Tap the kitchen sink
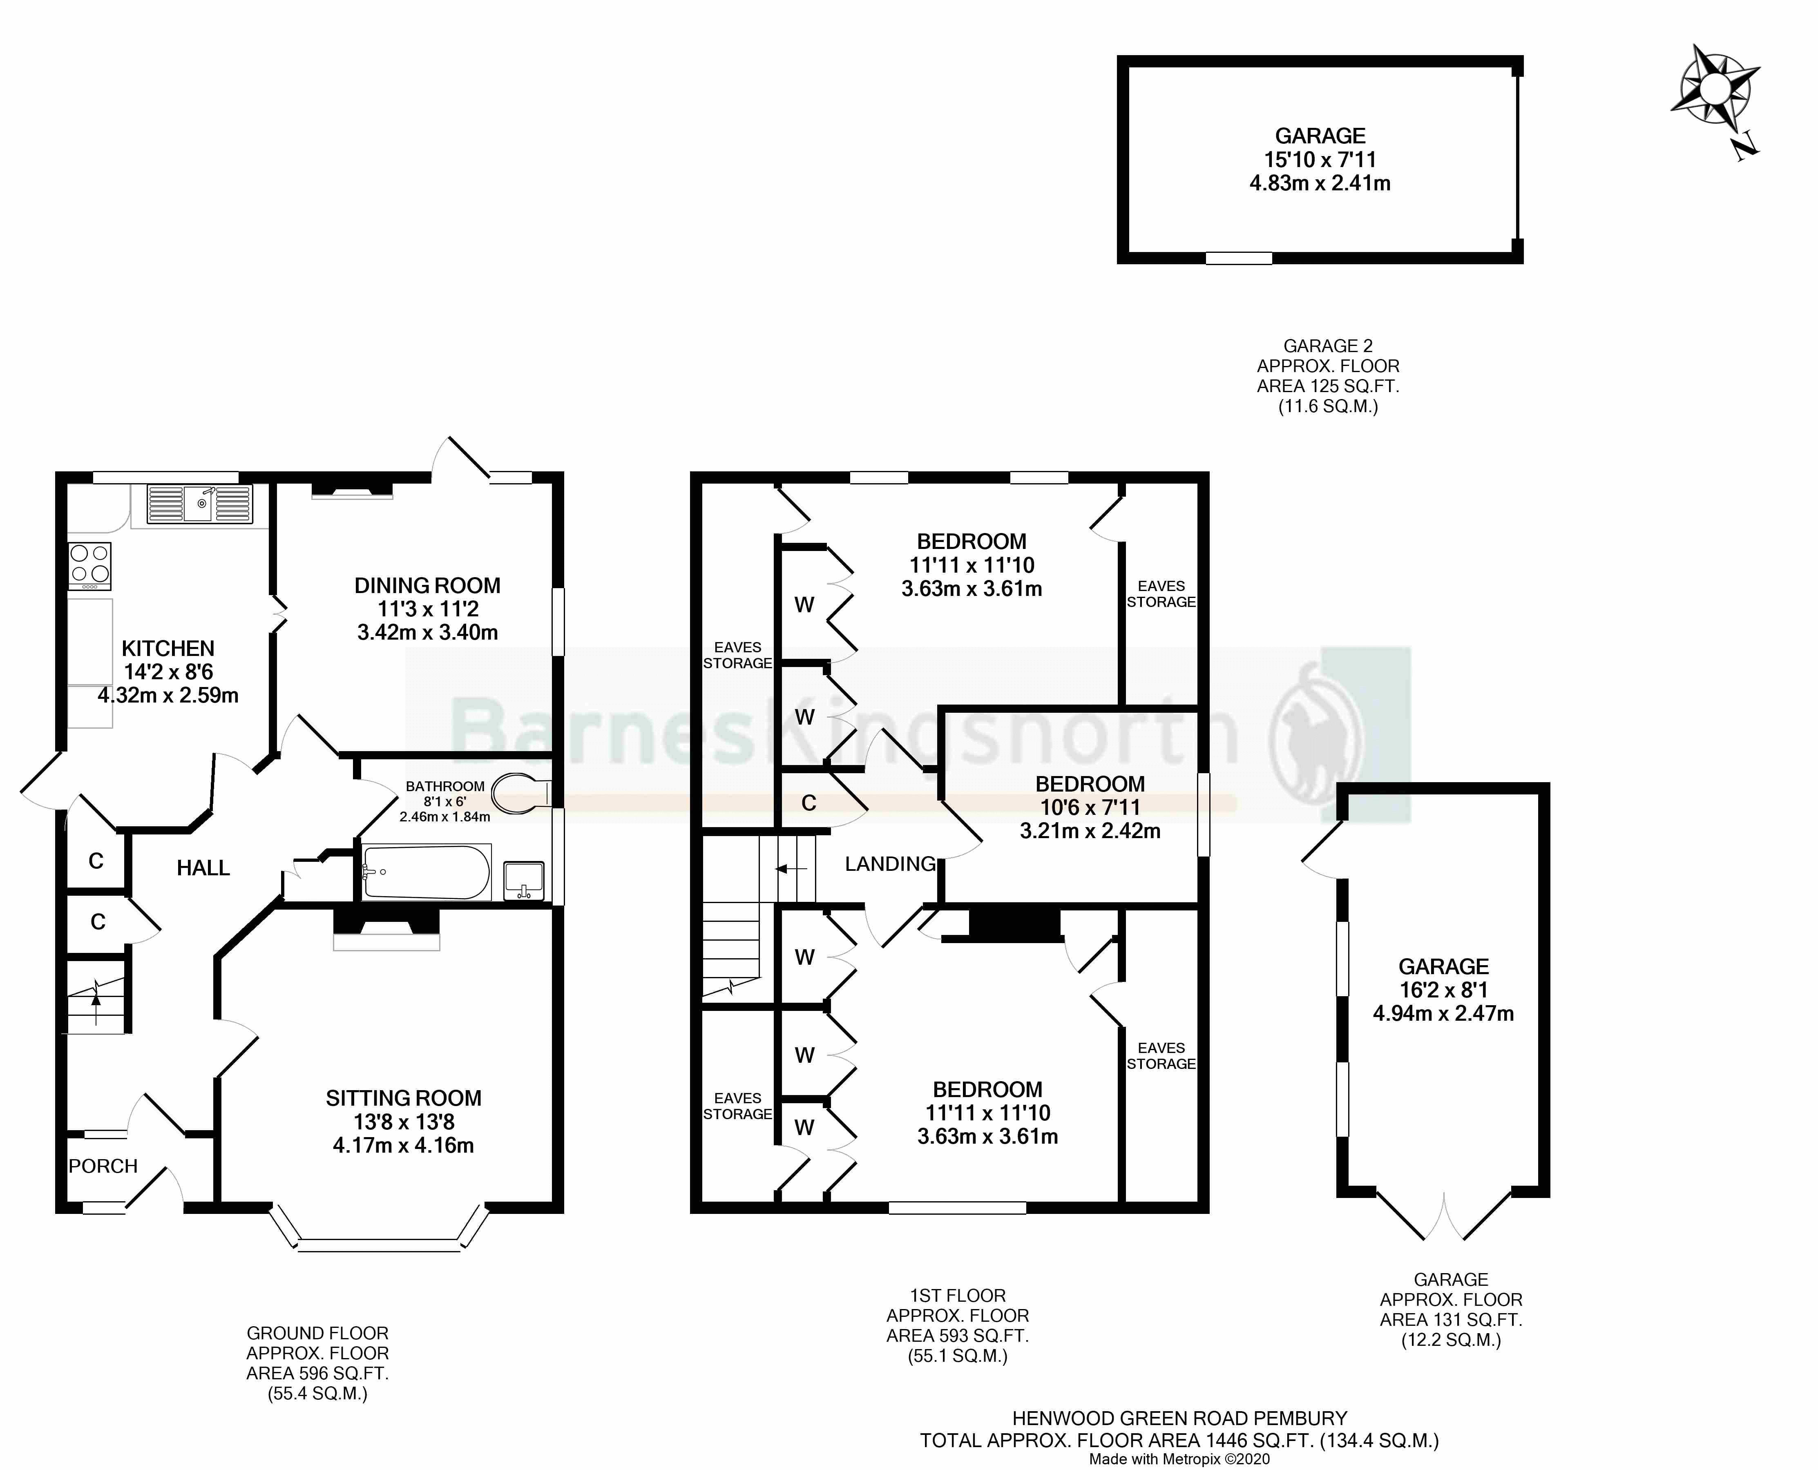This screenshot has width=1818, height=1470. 200,505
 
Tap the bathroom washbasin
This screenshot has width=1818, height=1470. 523,880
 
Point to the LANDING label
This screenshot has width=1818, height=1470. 890,864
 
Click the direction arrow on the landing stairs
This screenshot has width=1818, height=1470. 791,869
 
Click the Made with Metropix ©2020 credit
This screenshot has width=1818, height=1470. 1179,1459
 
